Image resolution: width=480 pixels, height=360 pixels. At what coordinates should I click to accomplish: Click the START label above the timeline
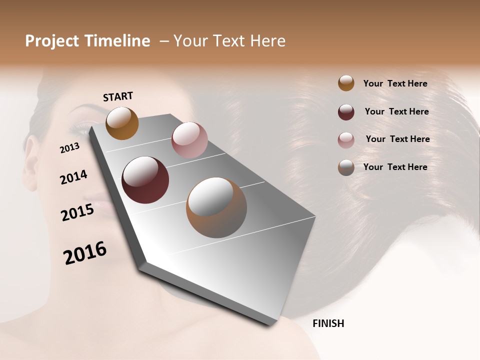pyautogui.click(x=118, y=96)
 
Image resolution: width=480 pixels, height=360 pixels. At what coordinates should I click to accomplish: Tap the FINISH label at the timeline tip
pyautogui.click(x=328, y=323)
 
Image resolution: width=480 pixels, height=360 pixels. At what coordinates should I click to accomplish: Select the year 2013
pyautogui.click(x=70, y=148)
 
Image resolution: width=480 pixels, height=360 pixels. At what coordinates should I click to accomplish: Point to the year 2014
pyautogui.click(x=73, y=177)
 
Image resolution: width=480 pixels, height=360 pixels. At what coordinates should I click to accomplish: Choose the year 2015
pyautogui.click(x=77, y=212)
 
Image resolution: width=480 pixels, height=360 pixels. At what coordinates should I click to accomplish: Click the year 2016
pyautogui.click(x=85, y=253)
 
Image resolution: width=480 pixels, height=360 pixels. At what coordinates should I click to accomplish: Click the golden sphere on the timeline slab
pyautogui.click(x=122, y=123)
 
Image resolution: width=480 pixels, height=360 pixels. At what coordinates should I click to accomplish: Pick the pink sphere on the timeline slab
pyautogui.click(x=189, y=140)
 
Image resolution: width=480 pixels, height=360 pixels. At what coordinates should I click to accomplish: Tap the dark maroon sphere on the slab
pyautogui.click(x=145, y=180)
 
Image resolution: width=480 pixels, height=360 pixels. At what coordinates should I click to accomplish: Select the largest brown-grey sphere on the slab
pyautogui.click(x=216, y=207)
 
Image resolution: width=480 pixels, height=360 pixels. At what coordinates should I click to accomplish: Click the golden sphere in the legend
pyautogui.click(x=346, y=83)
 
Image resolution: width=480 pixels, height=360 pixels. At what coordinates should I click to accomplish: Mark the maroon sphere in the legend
pyautogui.click(x=346, y=112)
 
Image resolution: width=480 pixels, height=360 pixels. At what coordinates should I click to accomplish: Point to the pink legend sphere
pyautogui.click(x=346, y=140)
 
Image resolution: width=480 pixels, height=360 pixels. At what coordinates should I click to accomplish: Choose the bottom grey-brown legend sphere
pyautogui.click(x=346, y=167)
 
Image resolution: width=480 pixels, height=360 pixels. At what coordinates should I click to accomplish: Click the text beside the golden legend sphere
pyautogui.click(x=395, y=83)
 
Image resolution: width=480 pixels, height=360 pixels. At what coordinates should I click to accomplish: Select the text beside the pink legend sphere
pyautogui.click(x=397, y=139)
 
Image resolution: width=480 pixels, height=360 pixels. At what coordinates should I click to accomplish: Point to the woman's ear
pyautogui.click(x=31, y=155)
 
